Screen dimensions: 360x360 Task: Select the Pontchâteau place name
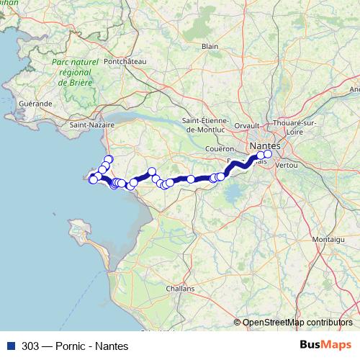(x=125, y=62)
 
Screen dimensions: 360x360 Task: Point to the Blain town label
(x=210, y=46)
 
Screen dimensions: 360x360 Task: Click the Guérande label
(x=36, y=104)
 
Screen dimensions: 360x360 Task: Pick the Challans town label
(x=179, y=288)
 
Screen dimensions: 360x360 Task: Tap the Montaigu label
(x=328, y=238)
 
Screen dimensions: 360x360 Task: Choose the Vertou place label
(x=287, y=165)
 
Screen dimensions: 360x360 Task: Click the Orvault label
(x=246, y=125)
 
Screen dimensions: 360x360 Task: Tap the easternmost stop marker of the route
(x=268, y=153)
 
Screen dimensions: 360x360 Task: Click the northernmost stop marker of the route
(x=109, y=159)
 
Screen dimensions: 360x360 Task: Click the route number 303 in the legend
(x=30, y=346)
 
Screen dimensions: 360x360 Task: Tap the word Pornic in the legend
(x=76, y=346)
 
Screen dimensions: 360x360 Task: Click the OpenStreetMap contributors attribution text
(x=297, y=323)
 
